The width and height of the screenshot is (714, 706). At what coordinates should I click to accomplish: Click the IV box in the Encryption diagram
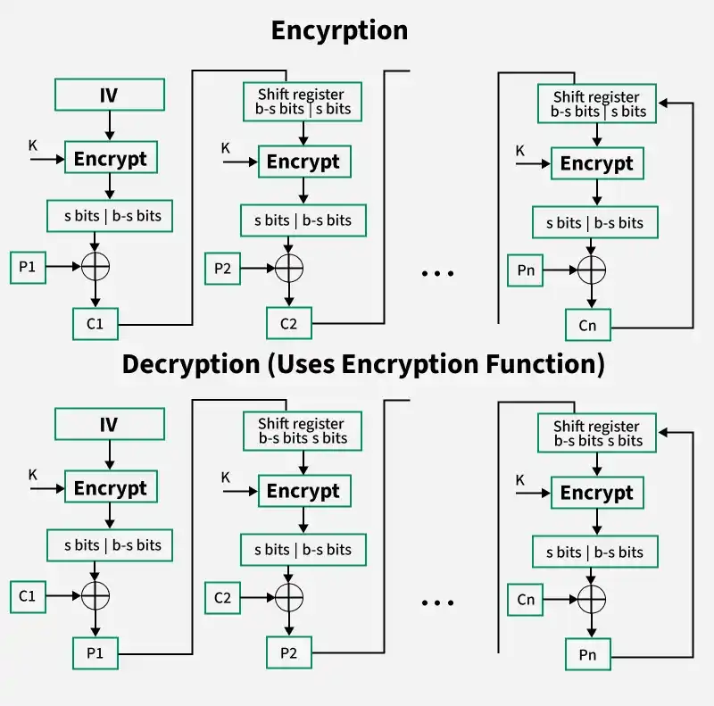pyautogui.click(x=110, y=95)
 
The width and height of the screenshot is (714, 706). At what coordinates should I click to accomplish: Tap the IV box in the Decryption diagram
pyautogui.click(x=110, y=424)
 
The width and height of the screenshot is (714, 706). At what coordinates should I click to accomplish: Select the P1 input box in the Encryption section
pyautogui.click(x=28, y=268)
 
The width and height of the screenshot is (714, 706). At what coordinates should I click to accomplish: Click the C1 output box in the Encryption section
pyautogui.click(x=95, y=324)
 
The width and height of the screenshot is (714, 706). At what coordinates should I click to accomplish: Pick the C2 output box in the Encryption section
pyautogui.click(x=289, y=323)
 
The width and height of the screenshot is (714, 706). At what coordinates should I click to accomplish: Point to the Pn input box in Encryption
pyautogui.click(x=526, y=270)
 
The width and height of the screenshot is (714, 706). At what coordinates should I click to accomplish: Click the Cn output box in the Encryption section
pyautogui.click(x=588, y=325)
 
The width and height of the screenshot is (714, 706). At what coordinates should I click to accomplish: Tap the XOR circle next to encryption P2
pyautogui.click(x=289, y=268)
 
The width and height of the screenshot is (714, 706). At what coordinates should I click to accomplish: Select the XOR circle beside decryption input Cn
pyautogui.click(x=592, y=599)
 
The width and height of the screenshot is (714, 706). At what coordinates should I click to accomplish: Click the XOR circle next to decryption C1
pyautogui.click(x=95, y=595)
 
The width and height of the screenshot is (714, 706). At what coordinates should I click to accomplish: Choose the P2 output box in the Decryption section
pyautogui.click(x=289, y=652)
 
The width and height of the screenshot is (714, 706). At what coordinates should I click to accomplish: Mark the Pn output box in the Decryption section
pyautogui.click(x=588, y=654)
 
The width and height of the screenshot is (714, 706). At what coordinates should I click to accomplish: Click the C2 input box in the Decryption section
pyautogui.click(x=222, y=598)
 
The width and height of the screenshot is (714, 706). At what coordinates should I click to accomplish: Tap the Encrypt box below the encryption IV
pyautogui.click(x=111, y=157)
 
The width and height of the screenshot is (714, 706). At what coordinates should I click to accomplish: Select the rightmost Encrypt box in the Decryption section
pyautogui.click(x=597, y=493)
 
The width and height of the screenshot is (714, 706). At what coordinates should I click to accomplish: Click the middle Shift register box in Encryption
pyautogui.click(x=303, y=102)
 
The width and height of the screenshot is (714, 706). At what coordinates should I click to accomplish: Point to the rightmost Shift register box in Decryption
pyautogui.click(x=597, y=433)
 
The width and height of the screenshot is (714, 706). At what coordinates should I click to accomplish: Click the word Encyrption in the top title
pyautogui.click(x=340, y=31)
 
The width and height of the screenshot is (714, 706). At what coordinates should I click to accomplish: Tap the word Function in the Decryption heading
pyautogui.click(x=545, y=364)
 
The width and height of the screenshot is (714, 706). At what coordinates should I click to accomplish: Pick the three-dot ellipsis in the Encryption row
pyautogui.click(x=437, y=274)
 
